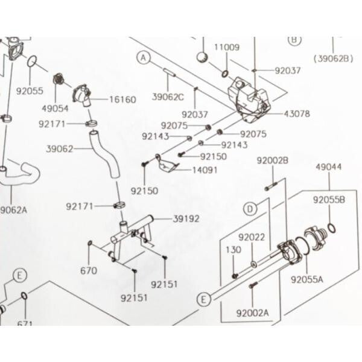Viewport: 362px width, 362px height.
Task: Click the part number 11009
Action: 227,46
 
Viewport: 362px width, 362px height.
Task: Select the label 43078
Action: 296,113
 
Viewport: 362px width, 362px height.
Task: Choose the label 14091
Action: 205,171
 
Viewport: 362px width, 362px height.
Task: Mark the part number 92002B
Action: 273,160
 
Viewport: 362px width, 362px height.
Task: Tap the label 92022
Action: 252,238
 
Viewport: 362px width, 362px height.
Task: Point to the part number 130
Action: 233,250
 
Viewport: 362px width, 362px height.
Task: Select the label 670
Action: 88,271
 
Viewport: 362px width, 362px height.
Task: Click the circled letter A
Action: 144,58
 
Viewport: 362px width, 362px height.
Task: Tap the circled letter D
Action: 250,209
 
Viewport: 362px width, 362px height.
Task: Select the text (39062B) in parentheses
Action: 332,59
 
